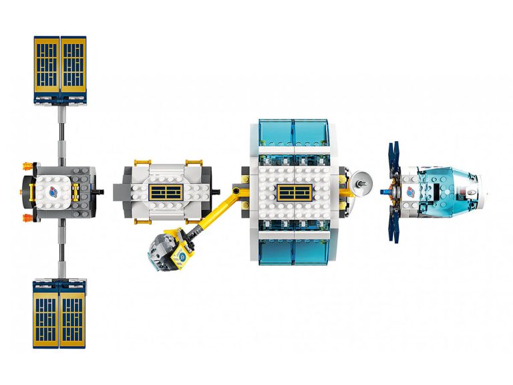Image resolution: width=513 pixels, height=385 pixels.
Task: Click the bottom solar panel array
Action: (59, 313)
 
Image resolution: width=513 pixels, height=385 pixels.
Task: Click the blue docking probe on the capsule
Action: (385, 192)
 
